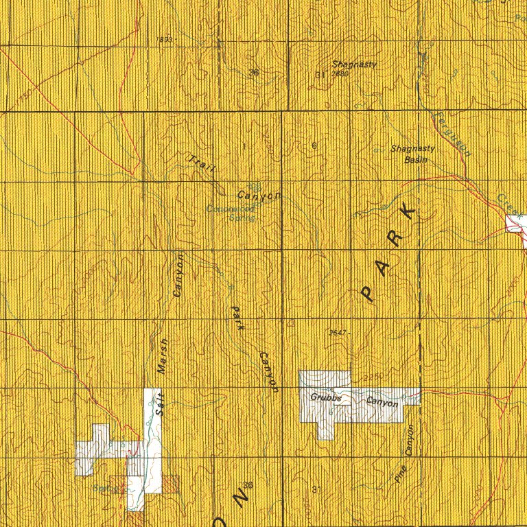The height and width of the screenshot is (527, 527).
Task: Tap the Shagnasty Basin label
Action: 409,153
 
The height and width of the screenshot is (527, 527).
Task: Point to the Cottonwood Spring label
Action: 231,213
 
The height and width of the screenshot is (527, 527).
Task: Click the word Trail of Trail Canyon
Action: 200,163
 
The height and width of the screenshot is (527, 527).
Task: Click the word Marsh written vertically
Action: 163,356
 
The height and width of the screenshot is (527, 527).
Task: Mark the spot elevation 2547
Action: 338,333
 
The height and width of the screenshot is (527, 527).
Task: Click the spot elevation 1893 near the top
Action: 166,40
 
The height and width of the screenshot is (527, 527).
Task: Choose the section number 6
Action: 314,145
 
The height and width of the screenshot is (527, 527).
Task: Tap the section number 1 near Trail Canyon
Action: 244,145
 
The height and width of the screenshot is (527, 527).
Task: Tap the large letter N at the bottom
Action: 241,495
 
